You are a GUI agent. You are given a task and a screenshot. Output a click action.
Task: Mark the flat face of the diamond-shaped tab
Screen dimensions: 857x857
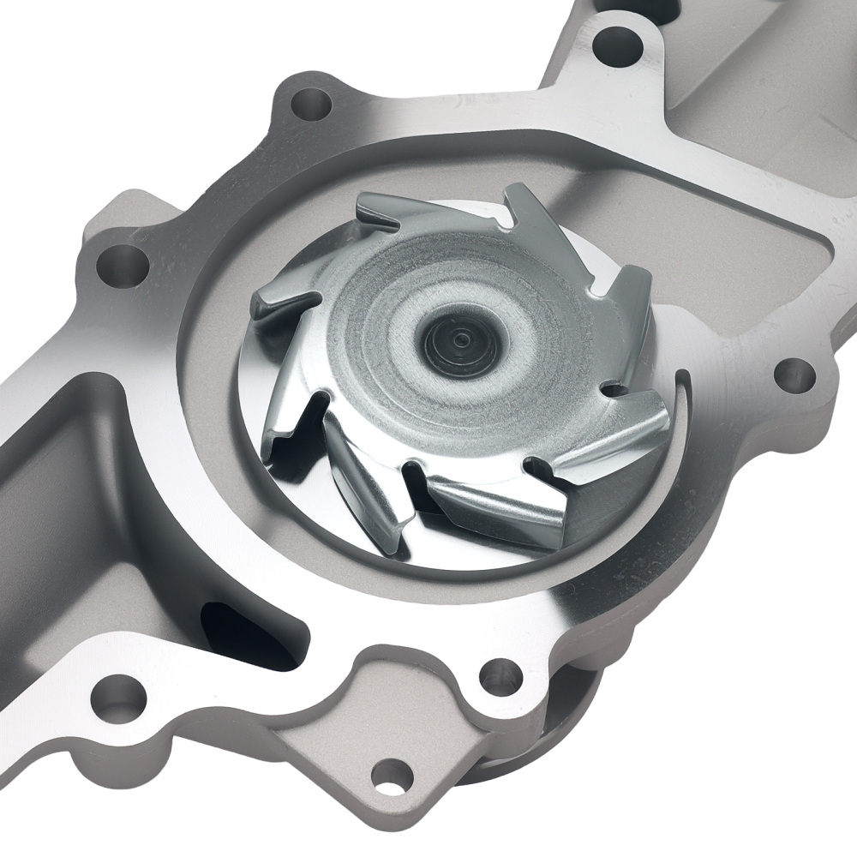pos(360,754)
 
